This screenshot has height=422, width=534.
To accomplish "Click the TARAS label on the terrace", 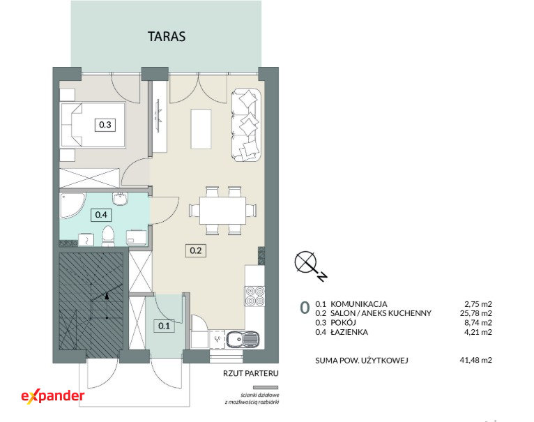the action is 167,36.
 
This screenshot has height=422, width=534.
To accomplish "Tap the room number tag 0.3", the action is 105,125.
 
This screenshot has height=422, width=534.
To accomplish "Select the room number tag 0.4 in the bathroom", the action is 101,215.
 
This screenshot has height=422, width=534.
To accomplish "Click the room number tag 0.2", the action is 196,251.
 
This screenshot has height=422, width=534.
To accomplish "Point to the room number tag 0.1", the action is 164,326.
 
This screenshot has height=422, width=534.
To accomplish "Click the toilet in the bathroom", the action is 108,236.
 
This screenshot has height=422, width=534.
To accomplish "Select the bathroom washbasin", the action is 119,199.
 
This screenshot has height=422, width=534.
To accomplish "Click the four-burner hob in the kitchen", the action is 255,296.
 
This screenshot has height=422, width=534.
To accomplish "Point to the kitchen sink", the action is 243,339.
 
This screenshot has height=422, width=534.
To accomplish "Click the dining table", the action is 222,211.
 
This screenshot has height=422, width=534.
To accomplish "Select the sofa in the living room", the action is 246,125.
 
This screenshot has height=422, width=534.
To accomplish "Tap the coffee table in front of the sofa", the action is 201,128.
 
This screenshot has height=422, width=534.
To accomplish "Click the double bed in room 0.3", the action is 93,125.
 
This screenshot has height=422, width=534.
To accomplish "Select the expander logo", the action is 53,396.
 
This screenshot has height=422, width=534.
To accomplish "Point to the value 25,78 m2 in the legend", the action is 475,313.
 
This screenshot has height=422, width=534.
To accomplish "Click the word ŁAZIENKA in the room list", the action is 349,332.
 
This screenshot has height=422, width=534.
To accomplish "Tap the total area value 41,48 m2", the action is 475,360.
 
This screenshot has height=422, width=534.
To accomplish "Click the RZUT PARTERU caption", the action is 251,373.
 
